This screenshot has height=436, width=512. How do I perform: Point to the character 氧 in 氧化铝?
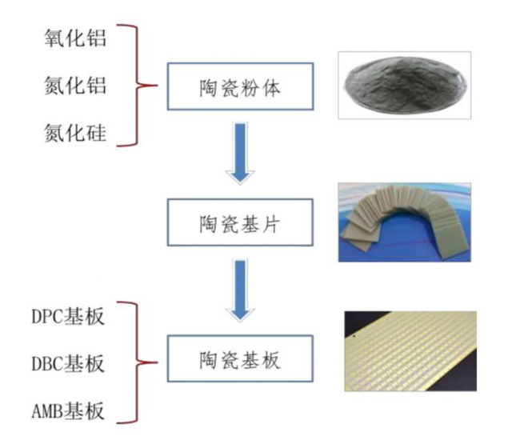(54, 40)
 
